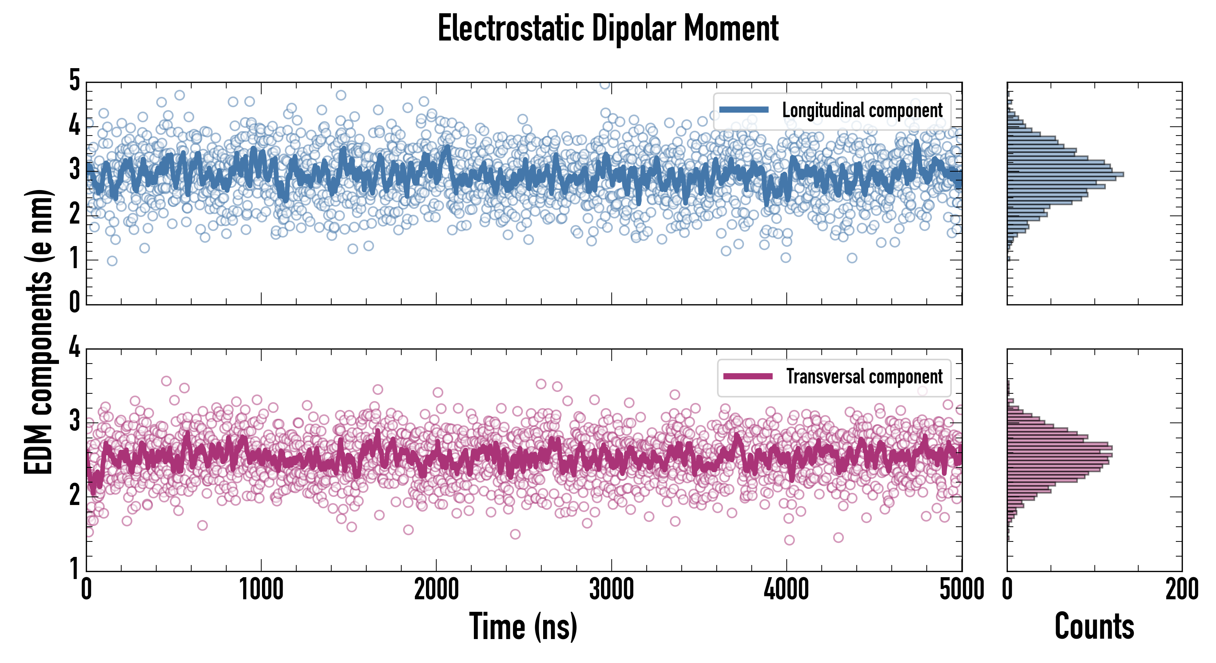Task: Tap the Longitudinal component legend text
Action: (862, 110)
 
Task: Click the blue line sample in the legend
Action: (744, 110)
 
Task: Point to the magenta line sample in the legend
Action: (748, 376)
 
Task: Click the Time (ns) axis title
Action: (523, 626)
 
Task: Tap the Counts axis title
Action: (1094, 626)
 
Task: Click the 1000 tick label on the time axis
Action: (261, 590)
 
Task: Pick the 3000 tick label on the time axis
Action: (611, 590)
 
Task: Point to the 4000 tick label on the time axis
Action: (786, 590)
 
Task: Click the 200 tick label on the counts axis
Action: (1181, 590)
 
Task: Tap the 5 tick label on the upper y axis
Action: (74, 81)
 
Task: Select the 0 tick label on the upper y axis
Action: (74, 302)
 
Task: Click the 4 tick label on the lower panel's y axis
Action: (74, 348)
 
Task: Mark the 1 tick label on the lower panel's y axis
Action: (74, 569)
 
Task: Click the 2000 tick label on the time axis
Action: (436, 590)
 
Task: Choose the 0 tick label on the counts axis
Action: (1007, 590)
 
